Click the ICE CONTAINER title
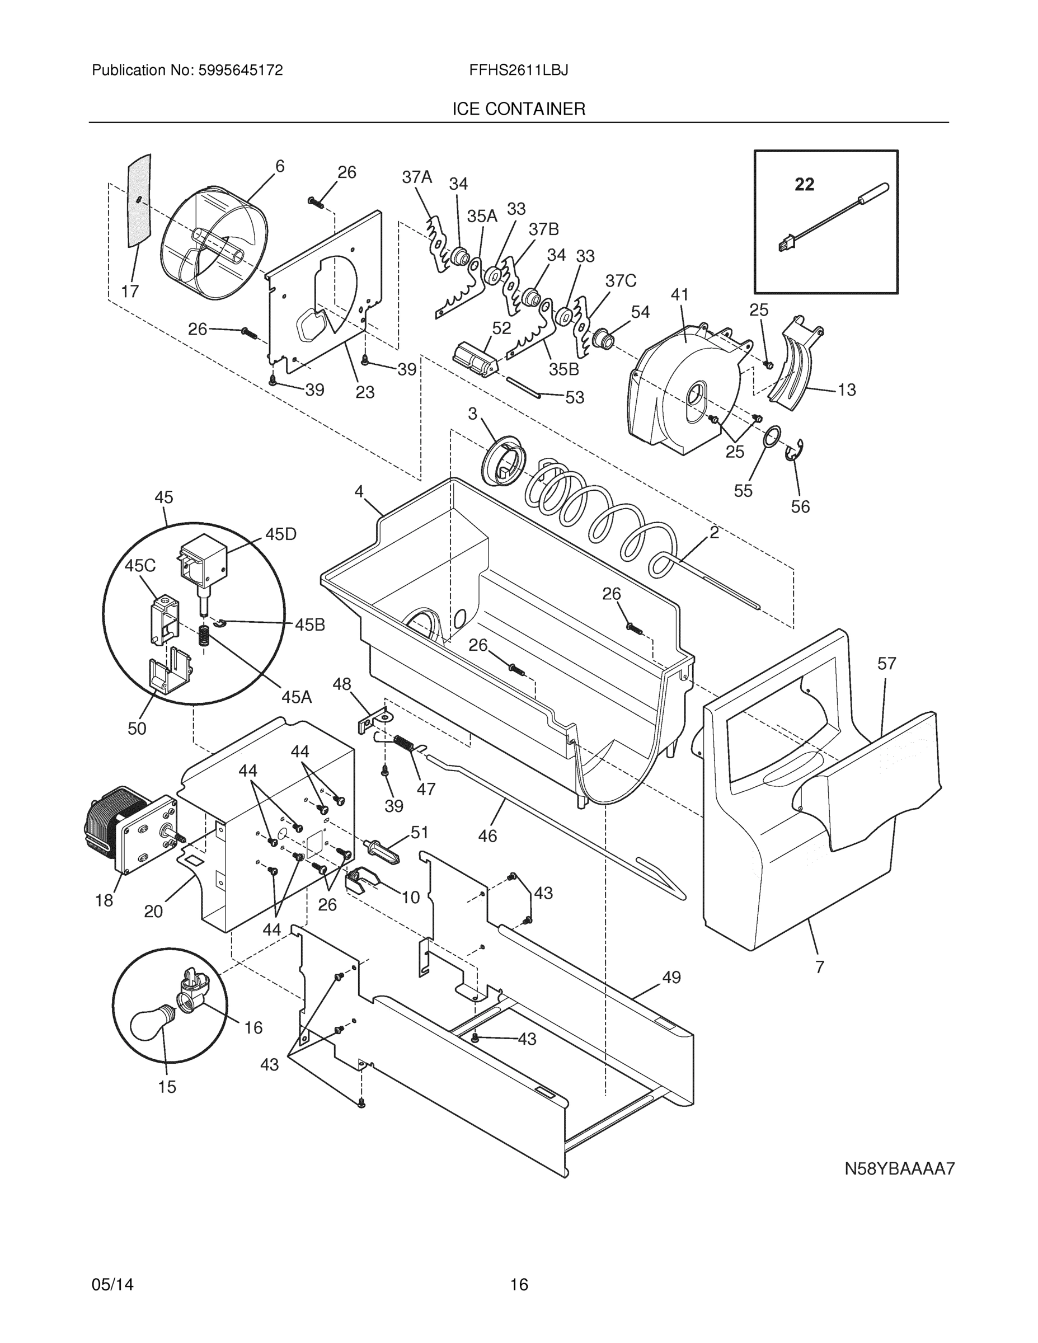(518, 110)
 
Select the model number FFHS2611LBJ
(518, 70)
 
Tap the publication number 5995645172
(240, 70)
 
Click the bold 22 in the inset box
(804, 184)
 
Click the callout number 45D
(280, 534)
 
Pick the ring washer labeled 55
(772, 438)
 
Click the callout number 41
(679, 294)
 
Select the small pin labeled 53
(523, 387)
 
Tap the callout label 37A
(417, 177)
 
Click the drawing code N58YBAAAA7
(899, 1168)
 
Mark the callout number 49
(671, 977)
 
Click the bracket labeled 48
(375, 720)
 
